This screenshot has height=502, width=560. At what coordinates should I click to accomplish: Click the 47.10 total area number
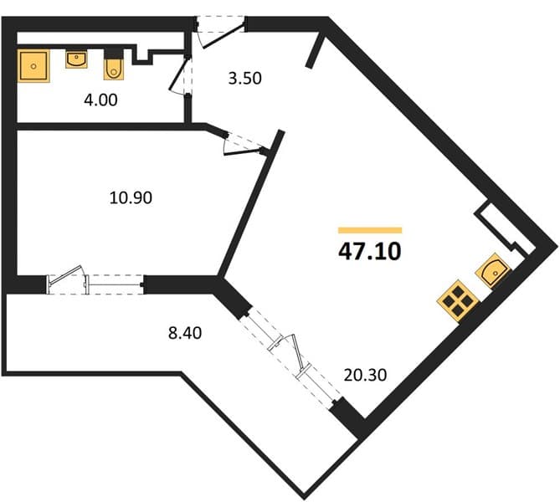coord(370,251)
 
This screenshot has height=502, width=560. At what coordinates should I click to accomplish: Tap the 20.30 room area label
coord(365,375)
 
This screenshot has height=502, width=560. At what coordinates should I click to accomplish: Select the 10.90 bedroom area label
coord(131,197)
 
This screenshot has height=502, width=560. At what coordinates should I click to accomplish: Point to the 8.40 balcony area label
coord(185,333)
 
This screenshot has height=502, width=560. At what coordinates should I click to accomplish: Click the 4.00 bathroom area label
coord(100,100)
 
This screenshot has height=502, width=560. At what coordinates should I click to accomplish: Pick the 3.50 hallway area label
coord(245,78)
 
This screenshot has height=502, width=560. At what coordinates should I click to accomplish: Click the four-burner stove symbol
coord(458,300)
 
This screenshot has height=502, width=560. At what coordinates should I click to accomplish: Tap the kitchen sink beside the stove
coord(493,270)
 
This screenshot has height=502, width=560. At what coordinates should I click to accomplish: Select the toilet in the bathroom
coord(114,64)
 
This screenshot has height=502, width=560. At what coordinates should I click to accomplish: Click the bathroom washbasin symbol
coord(76,59)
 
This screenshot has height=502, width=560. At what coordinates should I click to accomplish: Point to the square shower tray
coord(33,66)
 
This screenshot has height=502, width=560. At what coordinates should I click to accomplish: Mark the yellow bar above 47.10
coord(370,230)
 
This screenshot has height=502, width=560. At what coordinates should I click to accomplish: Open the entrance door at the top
coord(220,32)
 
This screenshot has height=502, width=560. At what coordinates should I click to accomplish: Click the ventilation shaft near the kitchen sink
coord(505,228)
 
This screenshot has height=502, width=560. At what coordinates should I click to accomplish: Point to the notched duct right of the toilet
coord(143,55)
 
